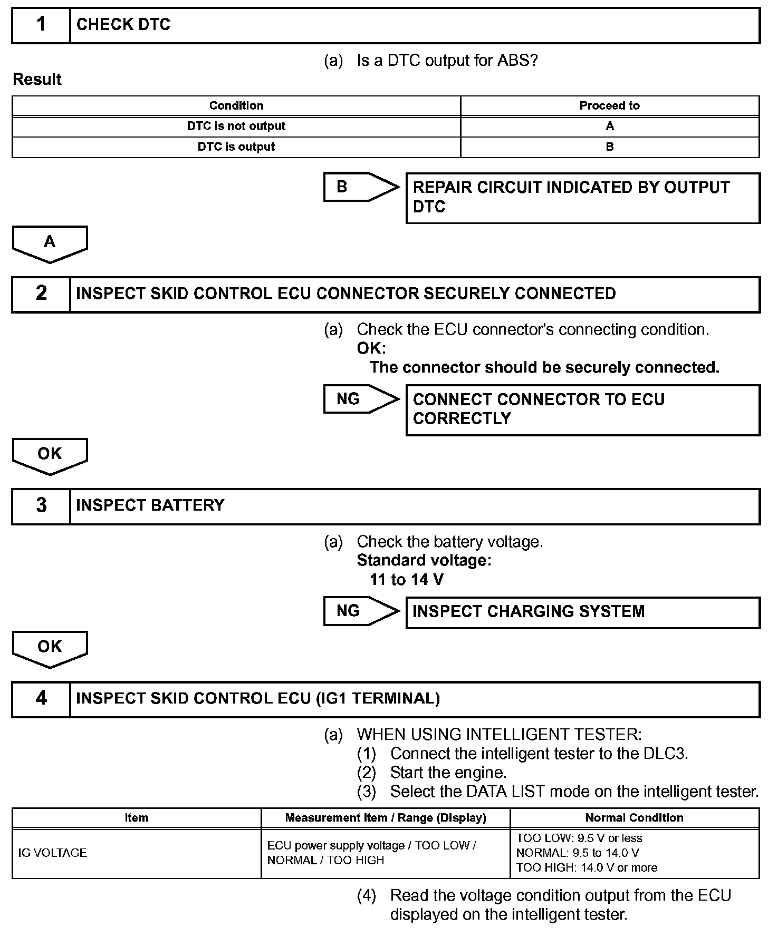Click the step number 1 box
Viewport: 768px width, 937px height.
41,25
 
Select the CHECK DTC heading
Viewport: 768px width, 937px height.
123,25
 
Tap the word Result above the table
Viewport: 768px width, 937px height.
37,80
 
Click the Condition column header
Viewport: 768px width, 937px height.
236,105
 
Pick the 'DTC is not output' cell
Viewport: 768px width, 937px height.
236,126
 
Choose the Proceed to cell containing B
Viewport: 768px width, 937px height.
609,147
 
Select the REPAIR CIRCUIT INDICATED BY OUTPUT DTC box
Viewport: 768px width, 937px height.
582,198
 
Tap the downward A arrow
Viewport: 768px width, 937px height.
50,243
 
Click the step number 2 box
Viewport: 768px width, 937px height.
41,294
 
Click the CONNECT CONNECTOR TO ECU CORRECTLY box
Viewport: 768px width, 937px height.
582,409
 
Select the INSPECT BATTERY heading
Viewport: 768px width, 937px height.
150,505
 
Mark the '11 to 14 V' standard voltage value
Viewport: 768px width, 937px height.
407,580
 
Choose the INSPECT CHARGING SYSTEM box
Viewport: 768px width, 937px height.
582,612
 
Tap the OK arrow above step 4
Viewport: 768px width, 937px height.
50,648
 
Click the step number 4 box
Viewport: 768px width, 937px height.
41,698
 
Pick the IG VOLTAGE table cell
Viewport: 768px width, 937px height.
53,853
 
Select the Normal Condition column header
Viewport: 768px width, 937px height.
634,817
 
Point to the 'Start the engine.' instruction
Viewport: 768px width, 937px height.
448,773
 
